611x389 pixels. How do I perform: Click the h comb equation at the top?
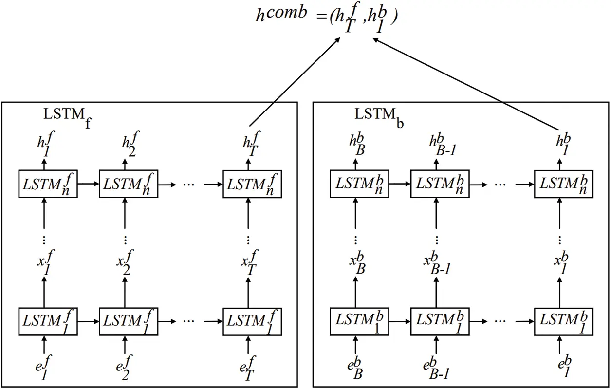[x=327, y=19]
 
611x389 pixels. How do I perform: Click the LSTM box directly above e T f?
[x=252, y=321]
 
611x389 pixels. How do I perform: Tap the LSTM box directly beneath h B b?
[x=359, y=184]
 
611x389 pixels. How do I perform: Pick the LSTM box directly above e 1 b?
[x=563, y=321]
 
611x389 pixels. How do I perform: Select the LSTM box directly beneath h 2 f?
[x=128, y=184]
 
